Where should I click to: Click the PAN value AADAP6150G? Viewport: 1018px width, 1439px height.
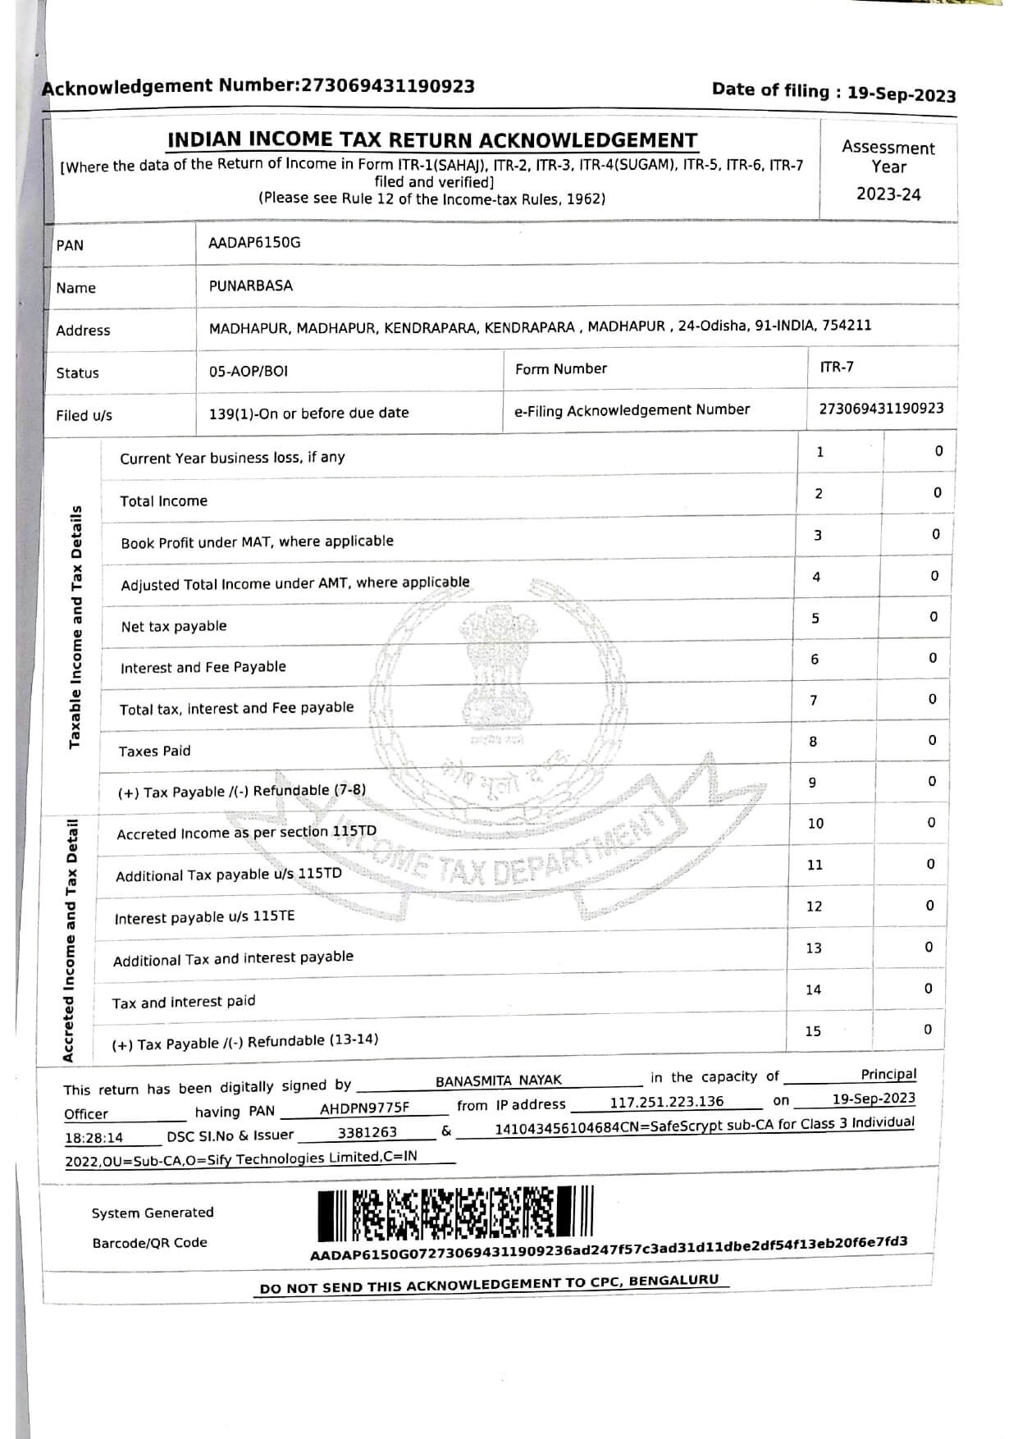click(254, 243)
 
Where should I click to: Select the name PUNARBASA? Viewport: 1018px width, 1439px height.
click(250, 286)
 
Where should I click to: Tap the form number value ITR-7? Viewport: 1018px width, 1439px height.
click(836, 367)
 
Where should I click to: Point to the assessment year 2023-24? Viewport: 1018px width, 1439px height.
click(888, 194)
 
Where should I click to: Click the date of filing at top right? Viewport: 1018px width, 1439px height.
click(902, 94)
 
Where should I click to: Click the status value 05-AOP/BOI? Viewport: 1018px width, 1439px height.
click(248, 371)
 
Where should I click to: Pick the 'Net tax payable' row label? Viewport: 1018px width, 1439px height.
click(173, 627)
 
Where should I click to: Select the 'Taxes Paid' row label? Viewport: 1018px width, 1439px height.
click(154, 751)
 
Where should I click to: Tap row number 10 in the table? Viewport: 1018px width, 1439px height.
click(815, 823)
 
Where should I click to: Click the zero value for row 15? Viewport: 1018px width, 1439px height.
click(928, 1029)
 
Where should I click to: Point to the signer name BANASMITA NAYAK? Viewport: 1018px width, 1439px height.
click(498, 1080)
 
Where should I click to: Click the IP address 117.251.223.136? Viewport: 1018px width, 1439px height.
click(666, 1101)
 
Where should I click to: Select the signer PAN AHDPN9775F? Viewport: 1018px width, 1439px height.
click(364, 1108)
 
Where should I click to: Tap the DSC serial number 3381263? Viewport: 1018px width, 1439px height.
click(367, 1132)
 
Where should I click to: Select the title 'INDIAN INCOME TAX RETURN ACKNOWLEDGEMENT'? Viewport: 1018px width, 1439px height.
click(432, 140)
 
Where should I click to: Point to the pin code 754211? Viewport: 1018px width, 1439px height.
click(847, 325)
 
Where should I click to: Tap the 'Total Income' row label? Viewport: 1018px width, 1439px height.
click(163, 501)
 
